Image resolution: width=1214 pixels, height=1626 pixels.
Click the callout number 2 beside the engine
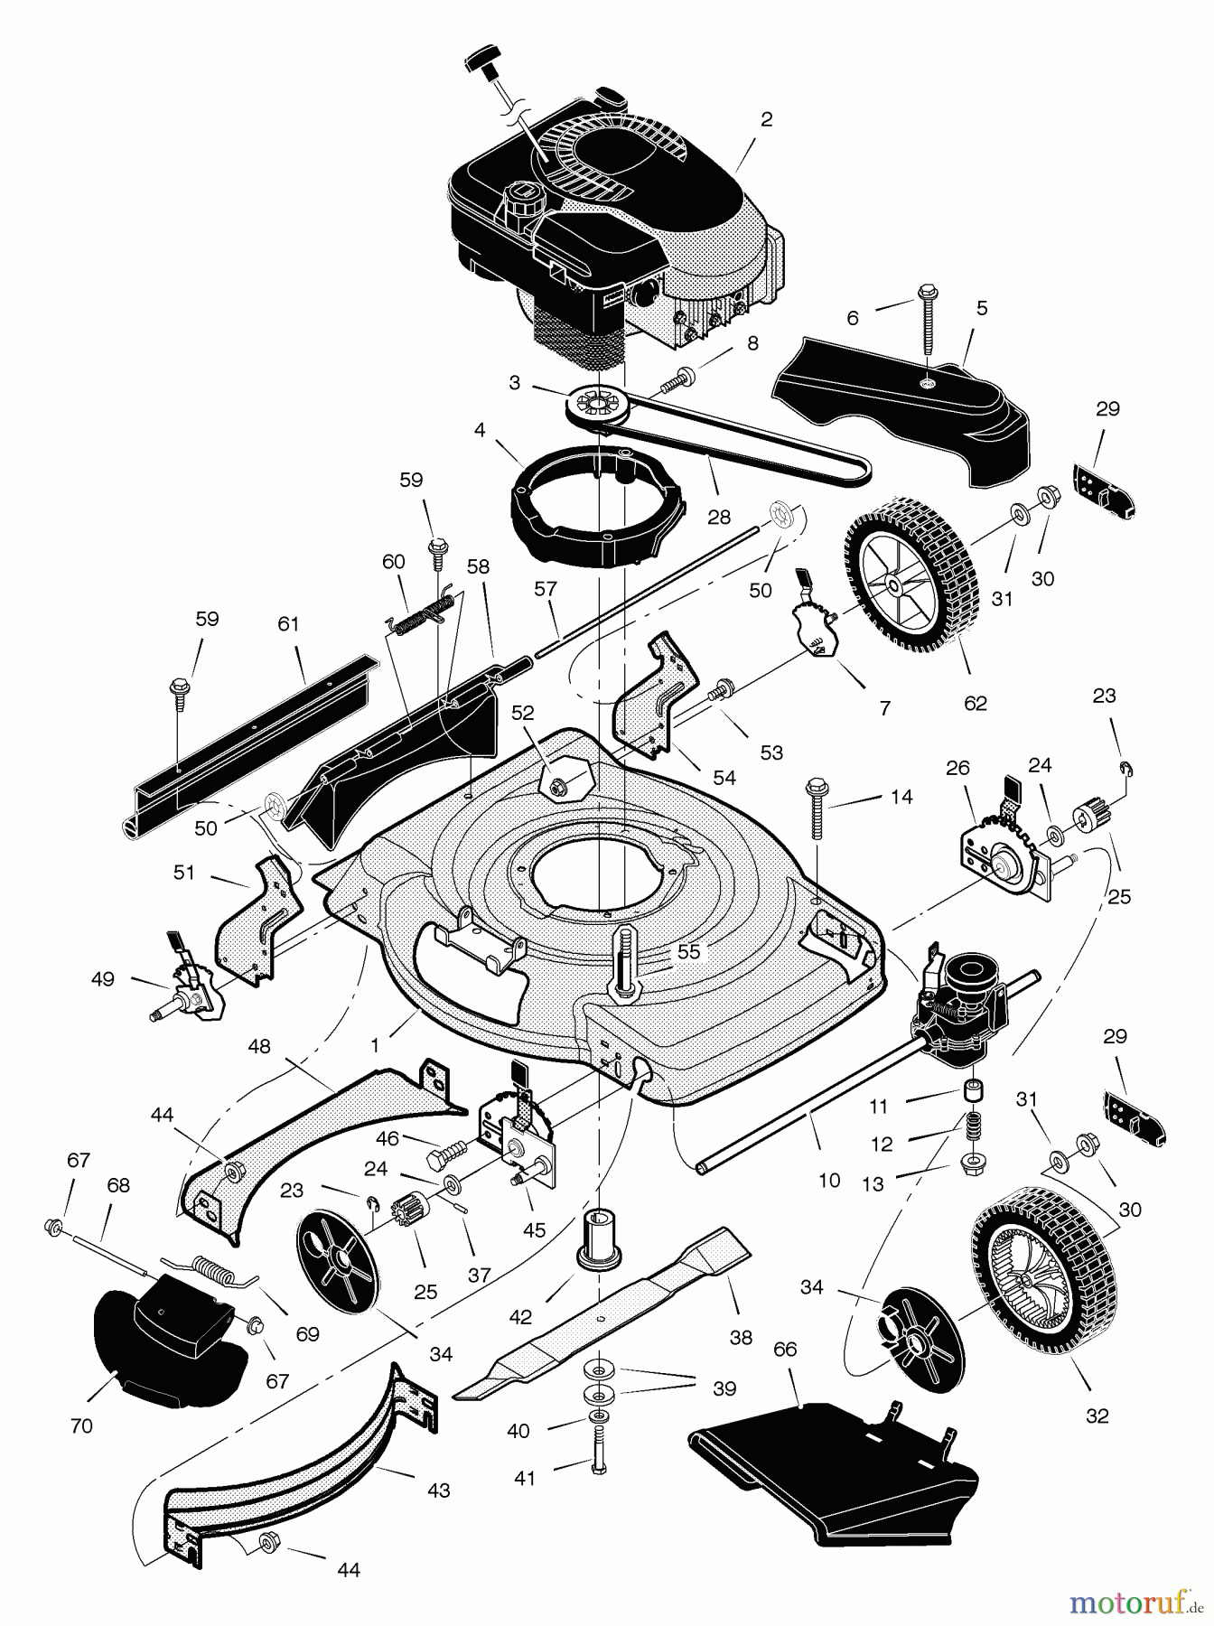tap(766, 119)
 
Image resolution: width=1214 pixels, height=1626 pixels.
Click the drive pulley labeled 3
tap(593, 401)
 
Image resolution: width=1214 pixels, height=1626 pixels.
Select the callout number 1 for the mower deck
tap(375, 1043)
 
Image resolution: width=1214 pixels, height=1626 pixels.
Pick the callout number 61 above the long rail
tap(288, 624)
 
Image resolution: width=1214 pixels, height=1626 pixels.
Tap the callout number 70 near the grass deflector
tap(81, 1426)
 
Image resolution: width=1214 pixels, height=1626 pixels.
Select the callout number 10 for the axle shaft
tap(828, 1180)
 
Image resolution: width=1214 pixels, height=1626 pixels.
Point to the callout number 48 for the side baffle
tap(259, 1046)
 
